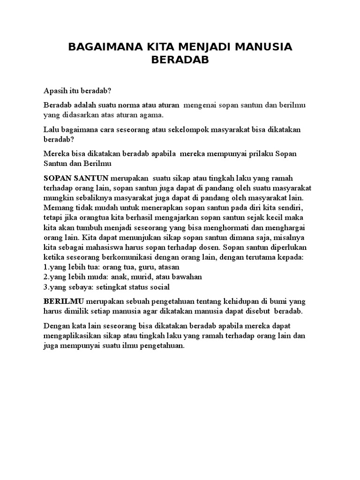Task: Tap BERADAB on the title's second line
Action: (180, 60)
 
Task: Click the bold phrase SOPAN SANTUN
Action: (76, 178)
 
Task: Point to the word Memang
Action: (58, 207)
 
